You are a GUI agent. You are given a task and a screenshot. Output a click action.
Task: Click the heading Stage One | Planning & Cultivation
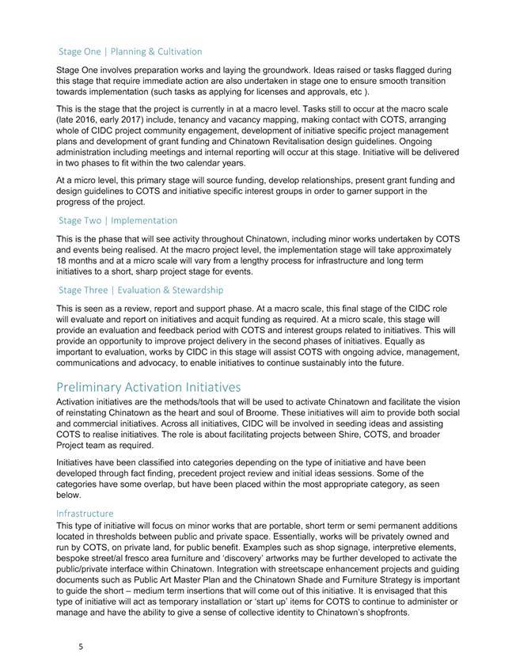pos(130,51)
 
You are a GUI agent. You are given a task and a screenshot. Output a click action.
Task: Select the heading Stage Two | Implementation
pos(118,220)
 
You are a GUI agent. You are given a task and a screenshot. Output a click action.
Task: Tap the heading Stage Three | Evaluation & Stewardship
pos(141,290)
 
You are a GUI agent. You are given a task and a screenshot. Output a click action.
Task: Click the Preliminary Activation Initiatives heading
pos(148,387)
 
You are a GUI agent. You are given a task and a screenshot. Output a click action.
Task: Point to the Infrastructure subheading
pos(85,513)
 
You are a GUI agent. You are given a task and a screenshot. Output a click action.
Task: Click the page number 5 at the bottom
pos(81,646)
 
